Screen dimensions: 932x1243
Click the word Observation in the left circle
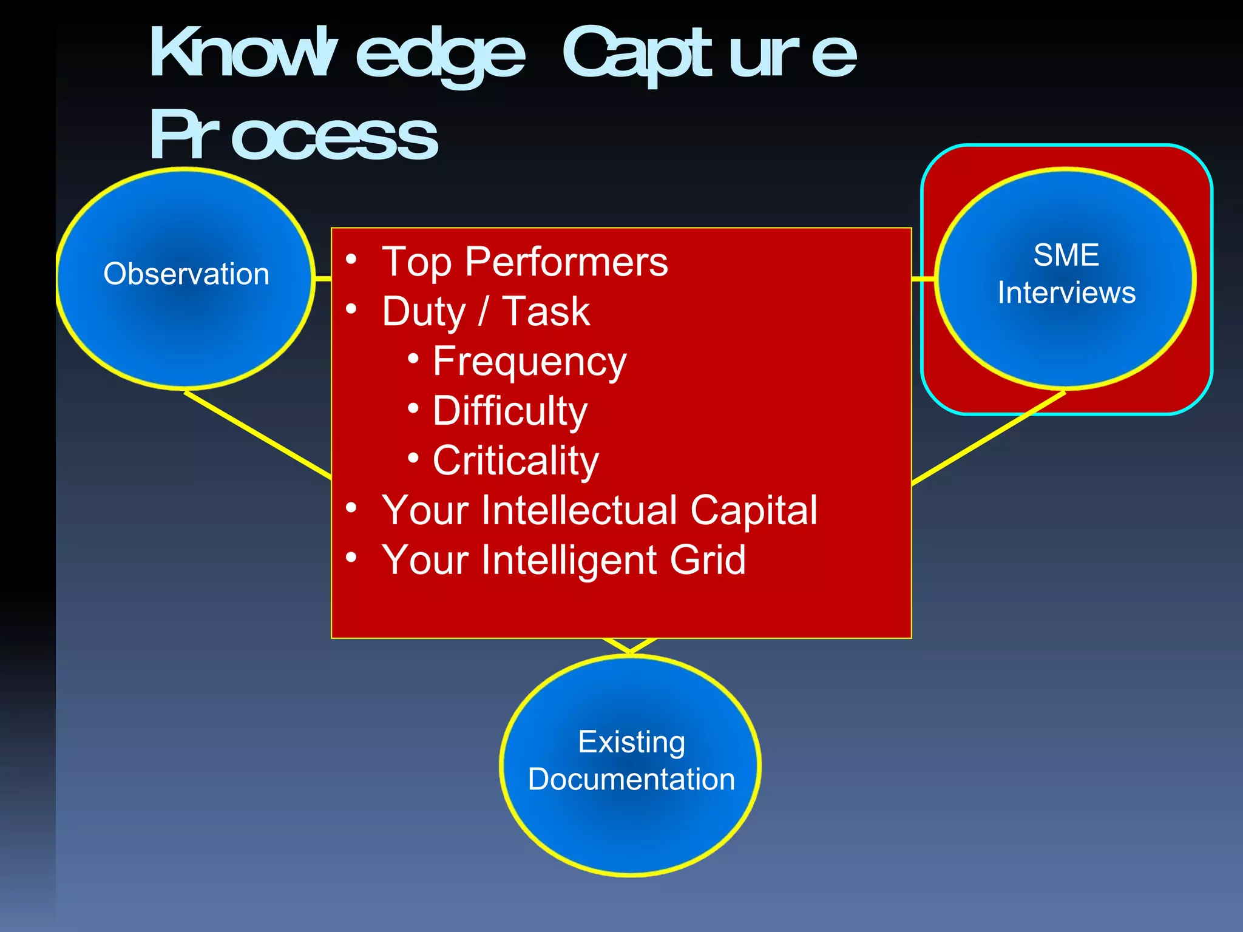point(186,274)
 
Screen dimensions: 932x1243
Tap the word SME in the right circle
point(1066,255)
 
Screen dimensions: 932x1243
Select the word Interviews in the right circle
point(1066,293)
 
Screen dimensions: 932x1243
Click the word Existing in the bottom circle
point(631,742)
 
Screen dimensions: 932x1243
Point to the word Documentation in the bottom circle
point(631,780)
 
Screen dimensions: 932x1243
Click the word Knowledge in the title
point(337,55)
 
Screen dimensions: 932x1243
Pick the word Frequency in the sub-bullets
point(529,362)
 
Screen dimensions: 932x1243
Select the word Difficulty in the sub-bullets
point(510,412)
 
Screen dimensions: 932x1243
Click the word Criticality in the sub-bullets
point(515,461)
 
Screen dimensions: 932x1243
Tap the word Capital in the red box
point(753,511)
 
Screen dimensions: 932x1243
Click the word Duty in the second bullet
point(423,312)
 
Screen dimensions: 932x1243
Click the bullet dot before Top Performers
point(351,260)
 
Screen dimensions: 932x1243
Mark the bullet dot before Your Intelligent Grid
point(351,557)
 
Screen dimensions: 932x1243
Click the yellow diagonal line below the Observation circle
point(258,434)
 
